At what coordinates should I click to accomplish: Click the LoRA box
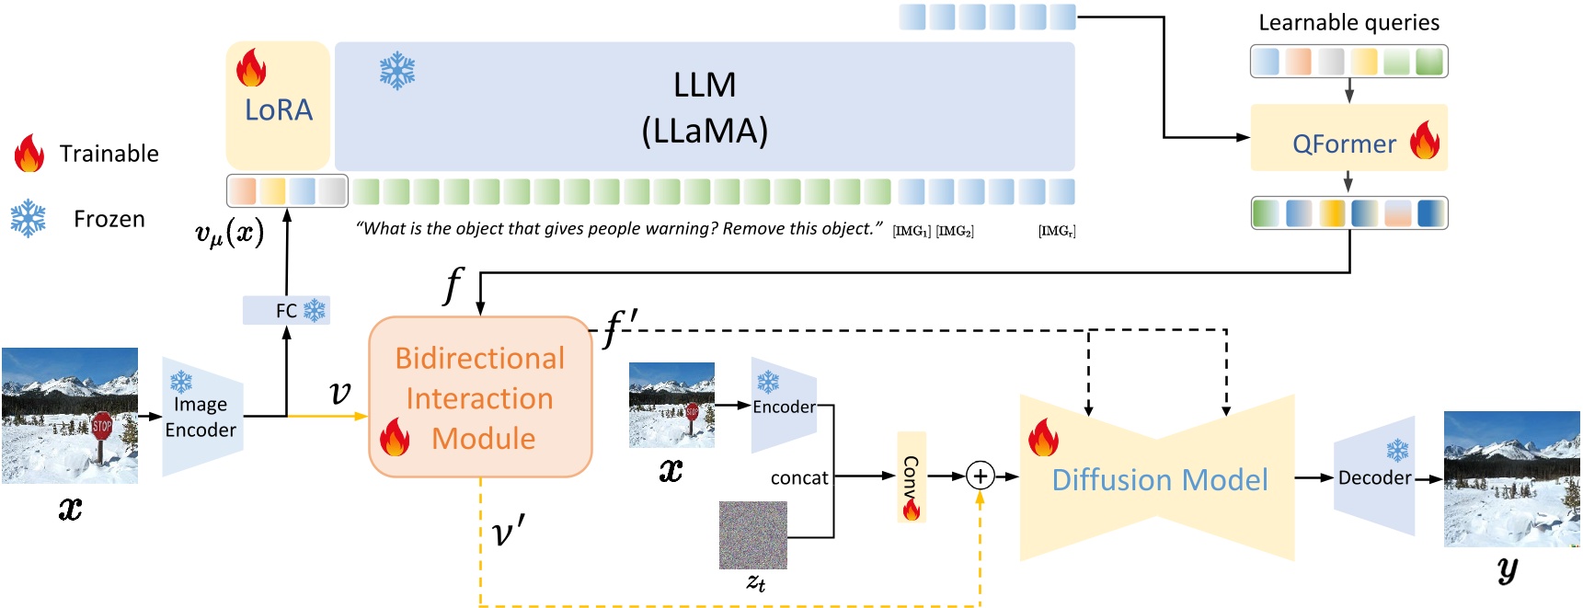(x=278, y=109)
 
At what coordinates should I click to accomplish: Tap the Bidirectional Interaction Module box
(x=480, y=397)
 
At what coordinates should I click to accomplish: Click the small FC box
(x=286, y=310)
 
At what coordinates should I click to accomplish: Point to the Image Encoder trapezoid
(x=201, y=417)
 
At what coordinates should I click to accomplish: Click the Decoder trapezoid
(x=1374, y=476)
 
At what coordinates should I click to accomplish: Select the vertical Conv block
(x=911, y=476)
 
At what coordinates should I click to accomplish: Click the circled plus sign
(x=981, y=476)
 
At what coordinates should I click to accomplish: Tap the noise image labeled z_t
(x=752, y=535)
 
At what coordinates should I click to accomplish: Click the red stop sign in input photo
(x=101, y=426)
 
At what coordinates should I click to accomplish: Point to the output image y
(x=1511, y=478)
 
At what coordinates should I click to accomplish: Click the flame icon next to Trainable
(x=29, y=154)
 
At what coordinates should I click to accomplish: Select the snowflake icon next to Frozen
(x=29, y=219)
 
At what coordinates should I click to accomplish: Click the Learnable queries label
(x=1348, y=23)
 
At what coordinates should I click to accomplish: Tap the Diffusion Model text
(x=1159, y=479)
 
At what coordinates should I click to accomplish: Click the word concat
(x=798, y=478)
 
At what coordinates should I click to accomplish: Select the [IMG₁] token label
(x=911, y=231)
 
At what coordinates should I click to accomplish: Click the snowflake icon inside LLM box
(x=397, y=71)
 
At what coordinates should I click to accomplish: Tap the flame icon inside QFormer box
(x=1425, y=140)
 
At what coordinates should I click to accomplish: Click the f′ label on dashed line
(x=620, y=327)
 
